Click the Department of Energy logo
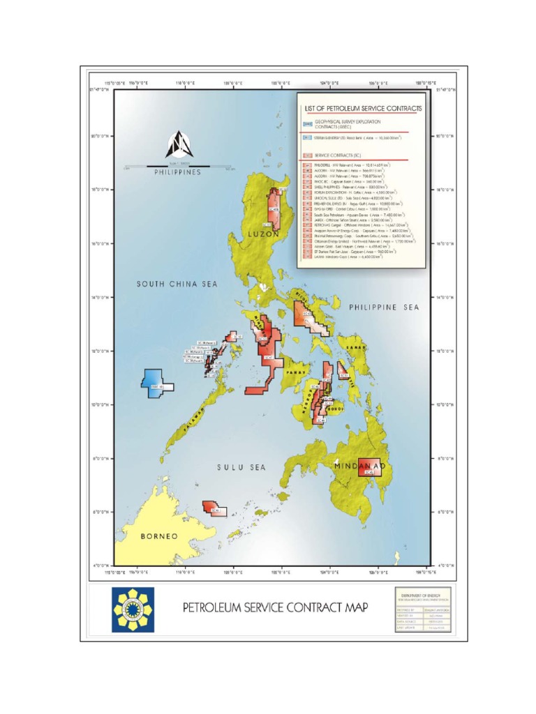click(133, 609)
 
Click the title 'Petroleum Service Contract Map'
click(275, 607)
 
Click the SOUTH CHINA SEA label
click(177, 284)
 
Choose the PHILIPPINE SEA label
click(382, 306)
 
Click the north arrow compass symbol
click(177, 145)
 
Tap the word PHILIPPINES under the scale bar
click(177, 172)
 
